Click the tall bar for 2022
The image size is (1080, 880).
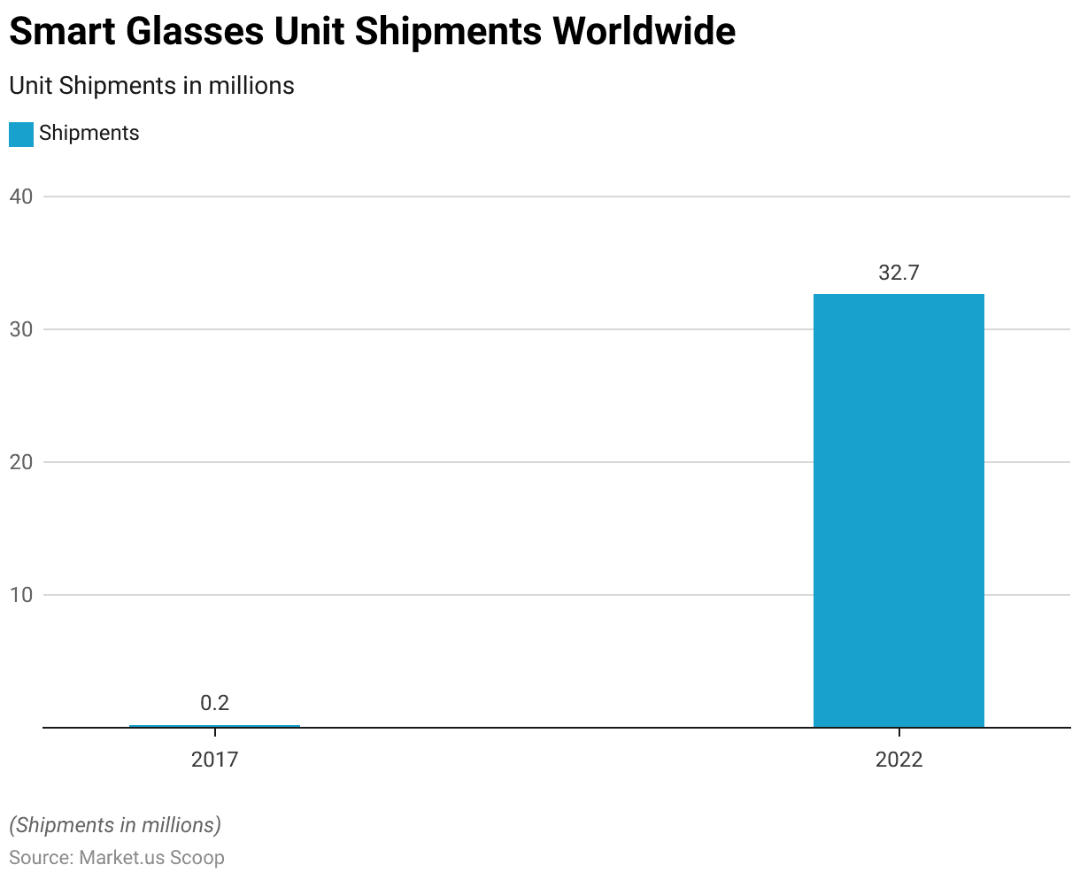899,510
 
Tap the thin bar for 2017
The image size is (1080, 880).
214,726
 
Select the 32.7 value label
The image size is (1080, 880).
899,273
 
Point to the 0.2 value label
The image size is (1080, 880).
214,703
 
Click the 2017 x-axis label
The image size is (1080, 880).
214,760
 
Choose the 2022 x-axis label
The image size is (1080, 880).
899,760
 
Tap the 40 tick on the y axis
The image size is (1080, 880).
21,197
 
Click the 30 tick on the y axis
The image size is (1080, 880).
21,329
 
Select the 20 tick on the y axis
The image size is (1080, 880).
21,462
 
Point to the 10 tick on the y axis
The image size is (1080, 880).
21,595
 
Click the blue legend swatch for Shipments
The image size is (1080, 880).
21,134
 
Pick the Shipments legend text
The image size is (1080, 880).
89,134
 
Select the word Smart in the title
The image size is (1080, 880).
63,32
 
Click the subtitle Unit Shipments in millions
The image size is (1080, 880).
151,86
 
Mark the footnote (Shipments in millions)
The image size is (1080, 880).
115,825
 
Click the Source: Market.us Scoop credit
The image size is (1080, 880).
117,858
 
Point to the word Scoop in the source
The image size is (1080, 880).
197,858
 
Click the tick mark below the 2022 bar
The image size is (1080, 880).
899,733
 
